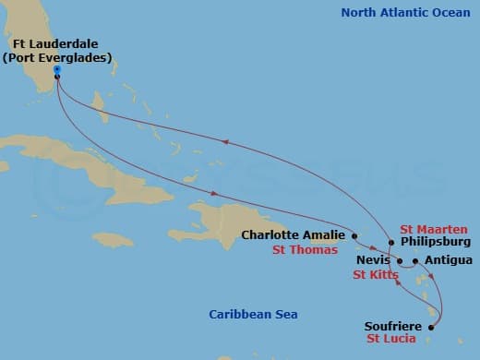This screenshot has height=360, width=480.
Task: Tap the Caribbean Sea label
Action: [253, 315]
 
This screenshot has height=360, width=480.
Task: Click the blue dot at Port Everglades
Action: [57, 69]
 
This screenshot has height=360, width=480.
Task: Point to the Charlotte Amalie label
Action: [293, 234]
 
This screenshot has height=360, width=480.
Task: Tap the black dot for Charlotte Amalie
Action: [354, 235]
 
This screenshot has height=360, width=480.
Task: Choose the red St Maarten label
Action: [434, 229]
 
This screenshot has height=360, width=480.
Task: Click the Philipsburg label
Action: [434, 244]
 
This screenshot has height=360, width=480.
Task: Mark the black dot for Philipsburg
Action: [391, 243]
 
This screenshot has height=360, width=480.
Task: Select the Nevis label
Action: [373, 261]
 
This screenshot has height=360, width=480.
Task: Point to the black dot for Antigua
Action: [415, 261]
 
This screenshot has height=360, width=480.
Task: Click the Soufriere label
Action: [392, 326]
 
